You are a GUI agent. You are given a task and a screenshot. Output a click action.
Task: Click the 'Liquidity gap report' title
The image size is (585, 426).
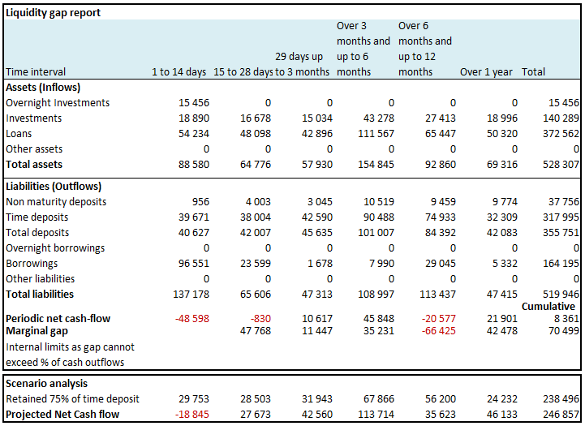[x=53, y=13]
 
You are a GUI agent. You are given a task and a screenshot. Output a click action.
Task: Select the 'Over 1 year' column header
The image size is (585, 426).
[x=486, y=71]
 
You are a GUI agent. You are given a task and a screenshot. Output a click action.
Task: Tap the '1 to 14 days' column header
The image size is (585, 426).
[x=179, y=71]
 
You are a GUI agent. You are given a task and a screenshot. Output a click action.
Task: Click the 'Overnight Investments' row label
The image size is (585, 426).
[x=58, y=102]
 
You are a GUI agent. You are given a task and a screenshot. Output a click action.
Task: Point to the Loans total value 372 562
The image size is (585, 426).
[x=561, y=134]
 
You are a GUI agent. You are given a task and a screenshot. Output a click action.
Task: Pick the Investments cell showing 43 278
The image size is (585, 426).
[x=379, y=118]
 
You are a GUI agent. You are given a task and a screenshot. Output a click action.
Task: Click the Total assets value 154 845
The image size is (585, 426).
[x=376, y=165]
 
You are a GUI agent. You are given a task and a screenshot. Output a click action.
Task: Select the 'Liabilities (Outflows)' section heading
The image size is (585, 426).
[x=54, y=186]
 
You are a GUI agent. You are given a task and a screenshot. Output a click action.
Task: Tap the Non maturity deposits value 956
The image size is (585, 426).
[x=200, y=202]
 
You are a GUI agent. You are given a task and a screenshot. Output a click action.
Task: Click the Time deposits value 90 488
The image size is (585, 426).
[x=379, y=217]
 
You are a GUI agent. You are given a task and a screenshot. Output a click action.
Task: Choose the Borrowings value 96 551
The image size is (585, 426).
[x=194, y=264]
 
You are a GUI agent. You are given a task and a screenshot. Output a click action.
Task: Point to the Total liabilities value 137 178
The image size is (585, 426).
[x=191, y=295]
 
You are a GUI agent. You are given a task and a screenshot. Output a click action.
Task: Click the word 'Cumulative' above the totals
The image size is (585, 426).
[x=548, y=306]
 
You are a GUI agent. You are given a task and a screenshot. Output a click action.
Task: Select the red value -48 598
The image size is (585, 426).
[x=192, y=319]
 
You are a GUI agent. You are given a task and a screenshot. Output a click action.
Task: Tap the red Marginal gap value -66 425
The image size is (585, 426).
[x=439, y=331]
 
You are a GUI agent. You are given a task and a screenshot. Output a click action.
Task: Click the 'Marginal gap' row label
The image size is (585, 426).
[x=37, y=331]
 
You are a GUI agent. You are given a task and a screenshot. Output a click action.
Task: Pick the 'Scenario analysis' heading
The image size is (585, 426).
[x=46, y=384]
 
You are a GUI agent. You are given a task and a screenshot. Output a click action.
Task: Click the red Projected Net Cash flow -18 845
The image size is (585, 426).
[x=192, y=415]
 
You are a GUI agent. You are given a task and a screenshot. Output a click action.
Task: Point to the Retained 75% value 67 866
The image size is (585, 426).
[x=379, y=399]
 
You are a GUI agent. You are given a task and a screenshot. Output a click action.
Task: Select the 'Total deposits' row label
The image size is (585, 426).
[x=37, y=232]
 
